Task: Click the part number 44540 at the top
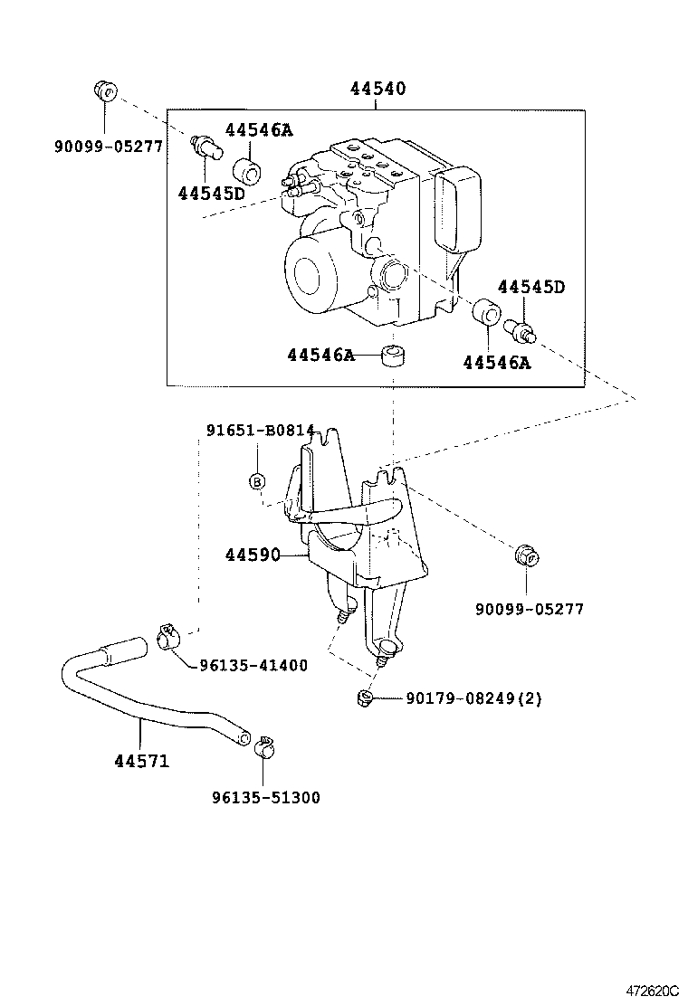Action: [377, 90]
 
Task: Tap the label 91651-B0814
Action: [260, 431]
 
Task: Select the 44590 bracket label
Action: [253, 554]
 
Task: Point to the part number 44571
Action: [141, 761]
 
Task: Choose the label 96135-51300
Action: [265, 798]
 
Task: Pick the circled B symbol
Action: [257, 481]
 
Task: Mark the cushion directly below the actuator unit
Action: [392, 356]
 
